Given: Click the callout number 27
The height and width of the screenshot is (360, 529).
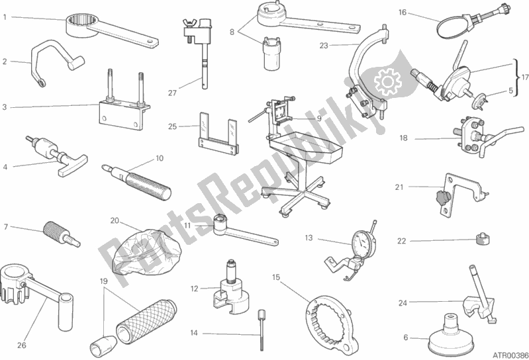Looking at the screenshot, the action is click(172, 93).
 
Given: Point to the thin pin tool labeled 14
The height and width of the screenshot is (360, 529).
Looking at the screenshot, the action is click(262, 330).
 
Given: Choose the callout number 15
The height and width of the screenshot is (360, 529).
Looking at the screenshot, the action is click(276, 277).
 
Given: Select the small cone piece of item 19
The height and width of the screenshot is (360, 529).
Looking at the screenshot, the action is click(102, 343).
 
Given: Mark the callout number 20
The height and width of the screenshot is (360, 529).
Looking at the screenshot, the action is click(115, 221).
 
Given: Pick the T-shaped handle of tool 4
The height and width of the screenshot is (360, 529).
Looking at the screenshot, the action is click(73, 166).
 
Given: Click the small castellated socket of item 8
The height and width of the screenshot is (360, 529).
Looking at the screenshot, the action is click(272, 53).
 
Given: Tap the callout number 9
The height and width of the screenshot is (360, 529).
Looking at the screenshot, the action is click(319, 118).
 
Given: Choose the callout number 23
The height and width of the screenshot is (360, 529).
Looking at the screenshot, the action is click(324, 46).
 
